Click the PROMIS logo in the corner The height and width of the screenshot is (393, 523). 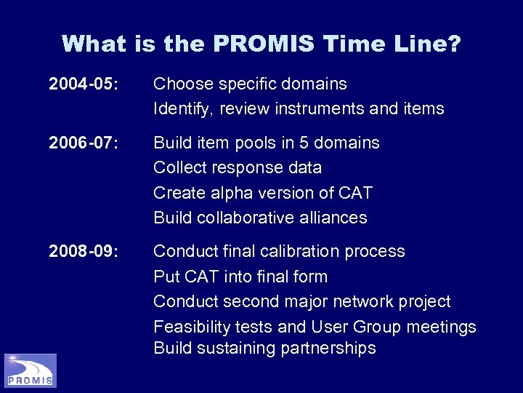31,370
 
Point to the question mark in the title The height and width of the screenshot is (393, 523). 452,44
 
